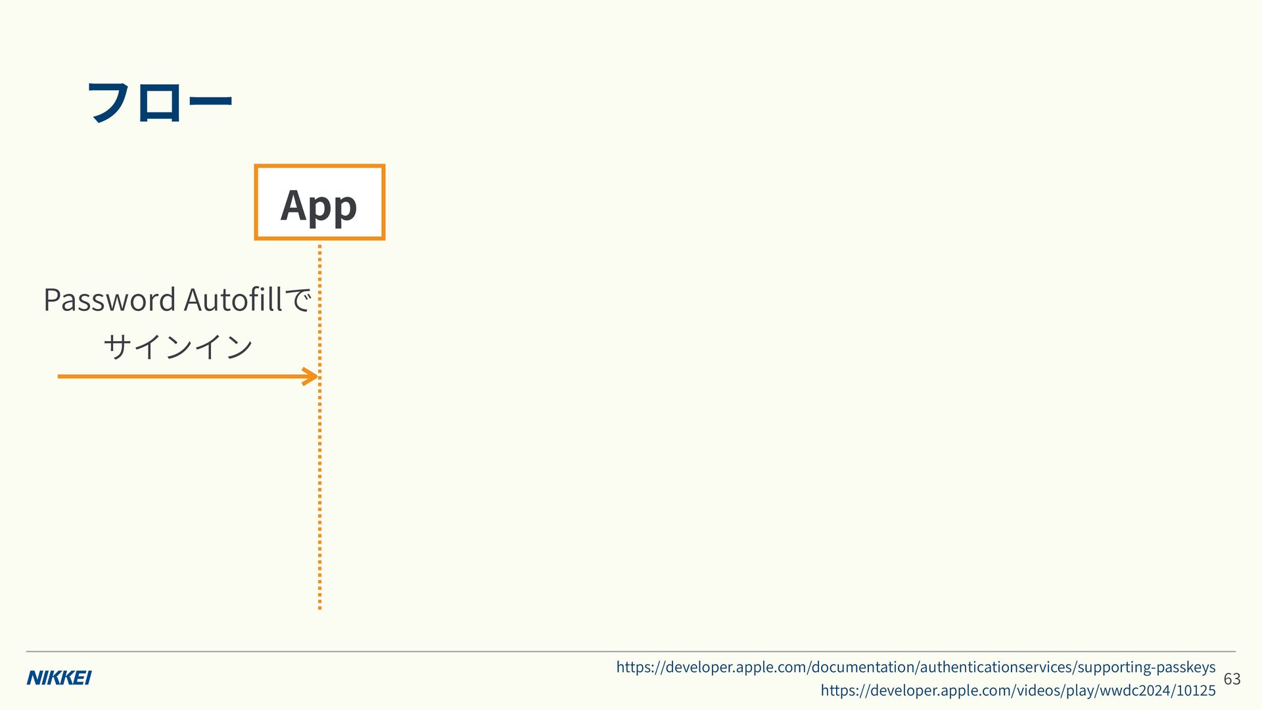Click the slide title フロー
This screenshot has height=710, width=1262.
click(x=160, y=102)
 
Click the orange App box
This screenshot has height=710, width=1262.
click(x=319, y=202)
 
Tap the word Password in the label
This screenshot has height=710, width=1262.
click(x=110, y=300)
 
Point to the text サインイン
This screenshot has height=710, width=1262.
click(x=178, y=346)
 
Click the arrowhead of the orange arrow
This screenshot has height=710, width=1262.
click(x=310, y=377)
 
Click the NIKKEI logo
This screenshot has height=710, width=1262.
click(x=59, y=678)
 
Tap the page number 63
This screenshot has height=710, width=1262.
click(x=1232, y=678)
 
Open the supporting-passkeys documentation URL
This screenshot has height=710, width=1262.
click(x=916, y=667)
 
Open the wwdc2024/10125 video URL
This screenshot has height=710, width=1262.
click(x=1018, y=690)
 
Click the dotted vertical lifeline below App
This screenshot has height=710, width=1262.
click(x=319, y=427)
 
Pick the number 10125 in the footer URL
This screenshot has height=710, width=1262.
click(x=1196, y=690)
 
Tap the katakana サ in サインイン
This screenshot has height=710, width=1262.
click(x=118, y=346)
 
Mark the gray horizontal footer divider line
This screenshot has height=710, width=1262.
click(x=631, y=651)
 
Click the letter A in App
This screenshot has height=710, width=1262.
click(x=294, y=205)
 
